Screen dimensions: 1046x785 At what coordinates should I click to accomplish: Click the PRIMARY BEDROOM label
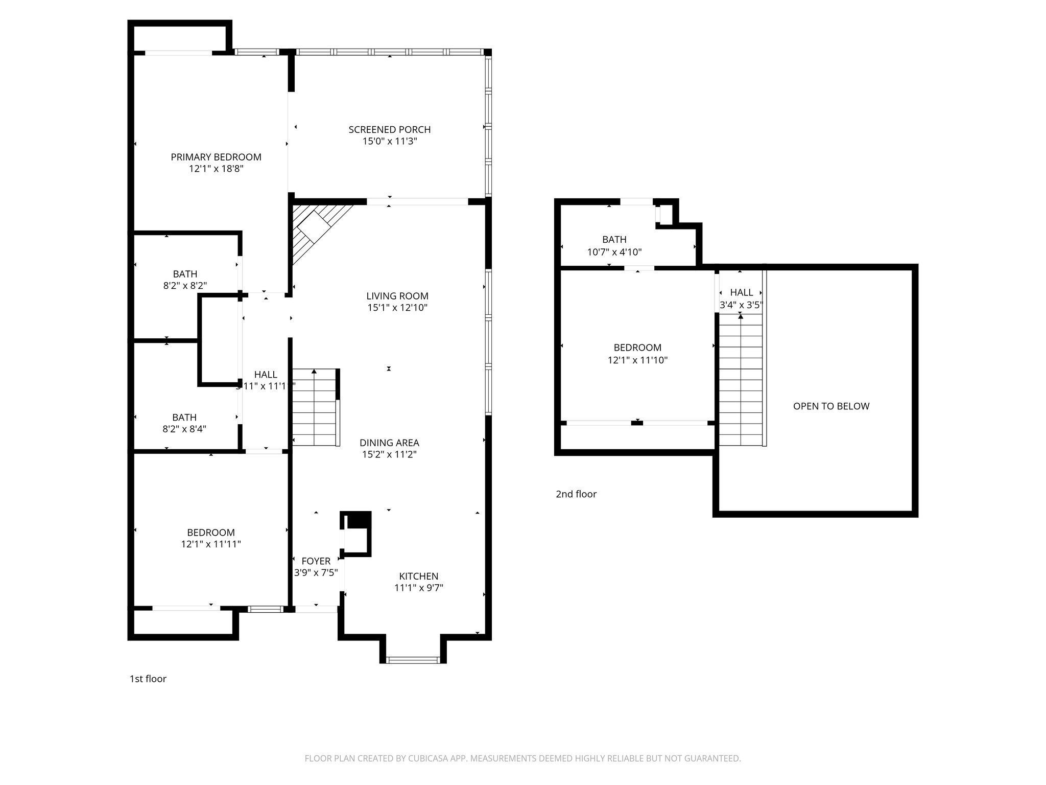click(x=216, y=157)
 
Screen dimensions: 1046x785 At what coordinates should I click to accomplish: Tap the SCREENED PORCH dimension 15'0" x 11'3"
click(x=390, y=142)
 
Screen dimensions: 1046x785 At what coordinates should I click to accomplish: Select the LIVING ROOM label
click(x=397, y=296)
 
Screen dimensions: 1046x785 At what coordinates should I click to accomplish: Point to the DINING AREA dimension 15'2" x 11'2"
click(x=389, y=454)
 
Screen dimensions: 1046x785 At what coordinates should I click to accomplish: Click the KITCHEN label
click(x=418, y=576)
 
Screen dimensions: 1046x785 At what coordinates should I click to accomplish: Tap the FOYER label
click(x=316, y=561)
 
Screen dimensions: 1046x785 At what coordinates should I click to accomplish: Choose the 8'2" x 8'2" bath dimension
click(x=185, y=286)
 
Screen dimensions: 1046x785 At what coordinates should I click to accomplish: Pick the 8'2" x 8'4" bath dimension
click(x=184, y=429)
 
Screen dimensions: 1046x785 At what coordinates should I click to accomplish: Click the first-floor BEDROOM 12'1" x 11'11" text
click(x=210, y=544)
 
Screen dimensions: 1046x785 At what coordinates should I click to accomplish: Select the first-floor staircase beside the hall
click(x=315, y=409)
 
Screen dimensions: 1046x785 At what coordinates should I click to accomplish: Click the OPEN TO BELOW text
click(x=831, y=406)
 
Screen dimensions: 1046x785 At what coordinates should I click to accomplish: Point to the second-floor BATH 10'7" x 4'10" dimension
click(x=614, y=252)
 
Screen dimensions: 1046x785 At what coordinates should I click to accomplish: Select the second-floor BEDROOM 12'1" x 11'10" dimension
click(x=637, y=360)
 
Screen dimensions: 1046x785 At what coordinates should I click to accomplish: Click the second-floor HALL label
click(x=741, y=292)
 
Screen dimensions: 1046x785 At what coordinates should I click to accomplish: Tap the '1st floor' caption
click(x=148, y=679)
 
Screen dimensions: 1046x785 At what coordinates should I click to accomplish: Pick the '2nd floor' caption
click(x=576, y=494)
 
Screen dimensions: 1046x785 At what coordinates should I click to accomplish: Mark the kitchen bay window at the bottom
click(x=413, y=660)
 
